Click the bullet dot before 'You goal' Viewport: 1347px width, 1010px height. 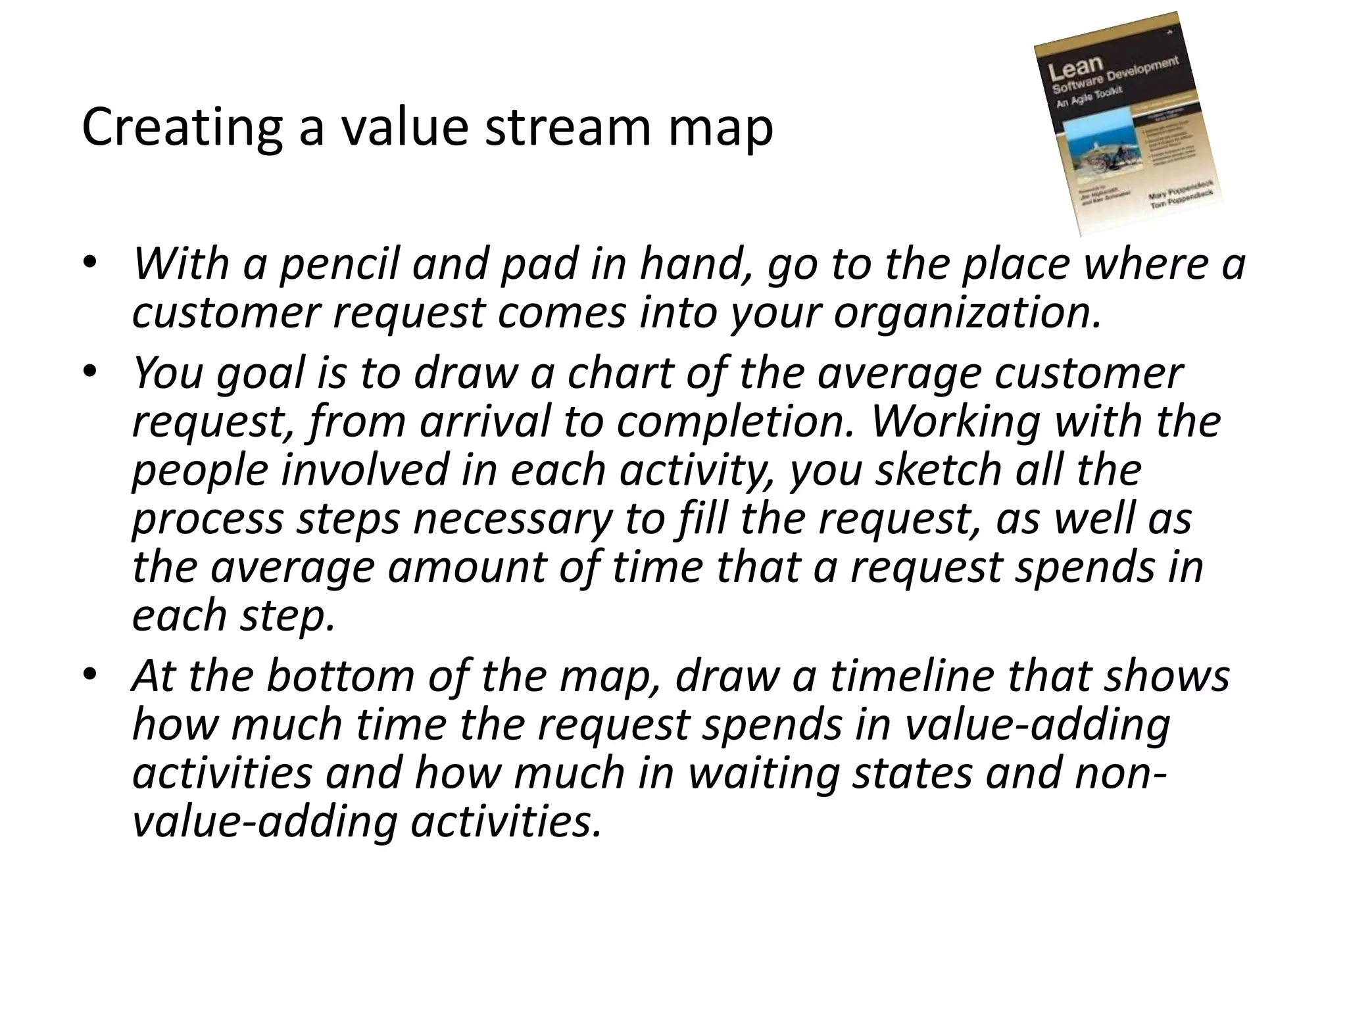click(x=90, y=372)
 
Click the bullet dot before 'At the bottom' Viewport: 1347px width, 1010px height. click(x=90, y=675)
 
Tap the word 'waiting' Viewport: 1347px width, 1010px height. click(x=764, y=773)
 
